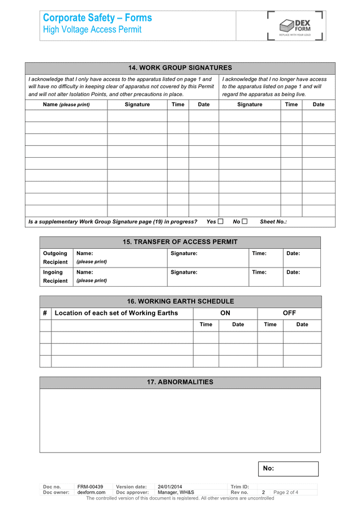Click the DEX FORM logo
pos(296,26)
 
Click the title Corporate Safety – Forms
pos(97,18)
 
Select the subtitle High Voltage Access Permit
pos(92,30)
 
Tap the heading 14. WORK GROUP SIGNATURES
pos(180,68)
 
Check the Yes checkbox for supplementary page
pos(221,222)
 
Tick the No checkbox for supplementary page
pos(245,222)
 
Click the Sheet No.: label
pos(273,222)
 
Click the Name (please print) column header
pos(66,105)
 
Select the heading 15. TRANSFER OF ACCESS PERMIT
pos(180,242)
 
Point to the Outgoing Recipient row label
pos(55,258)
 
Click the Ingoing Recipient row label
pos(55,277)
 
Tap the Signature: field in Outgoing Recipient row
pos(208,258)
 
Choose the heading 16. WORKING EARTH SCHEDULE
pos(180,301)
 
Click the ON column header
pos(225,313)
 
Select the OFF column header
pos(289,313)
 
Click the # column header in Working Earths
pos(45,313)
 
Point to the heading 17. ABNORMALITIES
pos(180,382)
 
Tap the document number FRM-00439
pos(91,487)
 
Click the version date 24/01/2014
pos(170,487)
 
